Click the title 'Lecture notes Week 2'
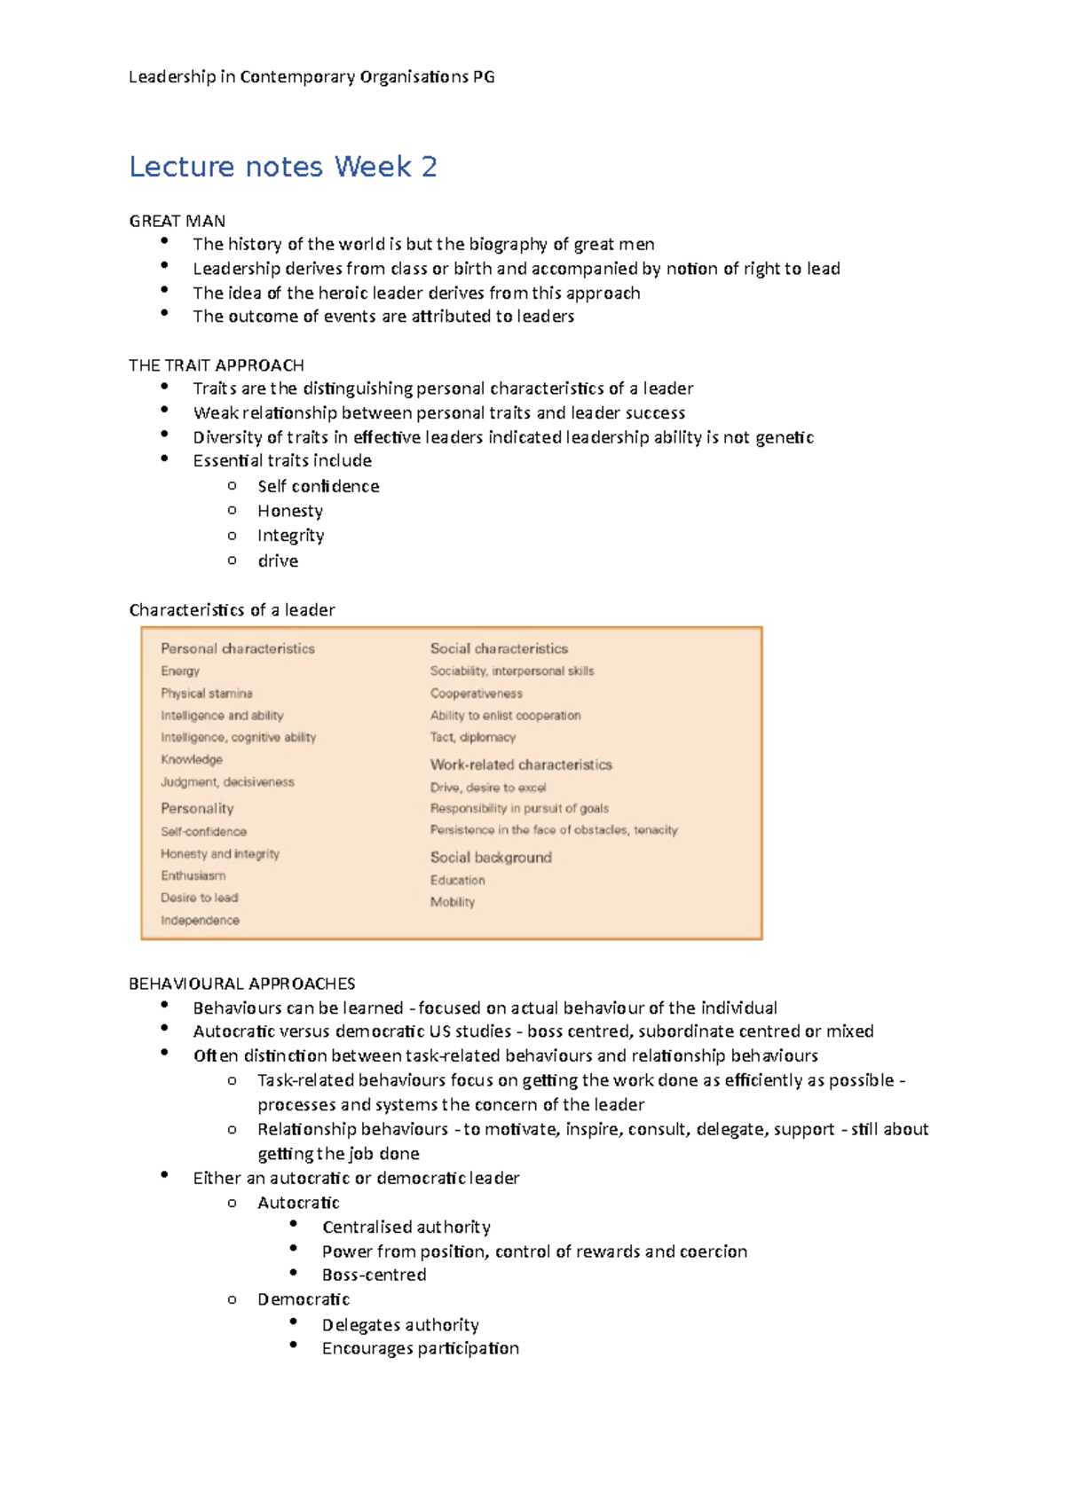(x=282, y=167)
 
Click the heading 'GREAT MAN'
(x=177, y=221)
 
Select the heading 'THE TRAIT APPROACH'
(x=216, y=365)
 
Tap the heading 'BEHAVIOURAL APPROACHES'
(x=241, y=984)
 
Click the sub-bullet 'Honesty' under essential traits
(x=289, y=511)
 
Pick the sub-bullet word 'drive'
(x=277, y=561)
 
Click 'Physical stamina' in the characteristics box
(x=206, y=694)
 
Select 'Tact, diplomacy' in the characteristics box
(x=472, y=737)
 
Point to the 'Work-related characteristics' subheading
(x=520, y=765)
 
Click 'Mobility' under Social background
(x=452, y=902)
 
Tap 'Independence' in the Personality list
(x=200, y=921)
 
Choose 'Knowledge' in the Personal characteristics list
(x=191, y=759)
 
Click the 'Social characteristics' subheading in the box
(x=499, y=648)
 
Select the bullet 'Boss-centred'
(x=374, y=1275)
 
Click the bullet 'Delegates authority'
(x=399, y=1324)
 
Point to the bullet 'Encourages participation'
(x=420, y=1348)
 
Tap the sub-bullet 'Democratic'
(x=303, y=1299)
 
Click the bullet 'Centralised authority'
(x=406, y=1227)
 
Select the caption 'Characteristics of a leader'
(x=232, y=610)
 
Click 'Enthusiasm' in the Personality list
(x=193, y=875)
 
